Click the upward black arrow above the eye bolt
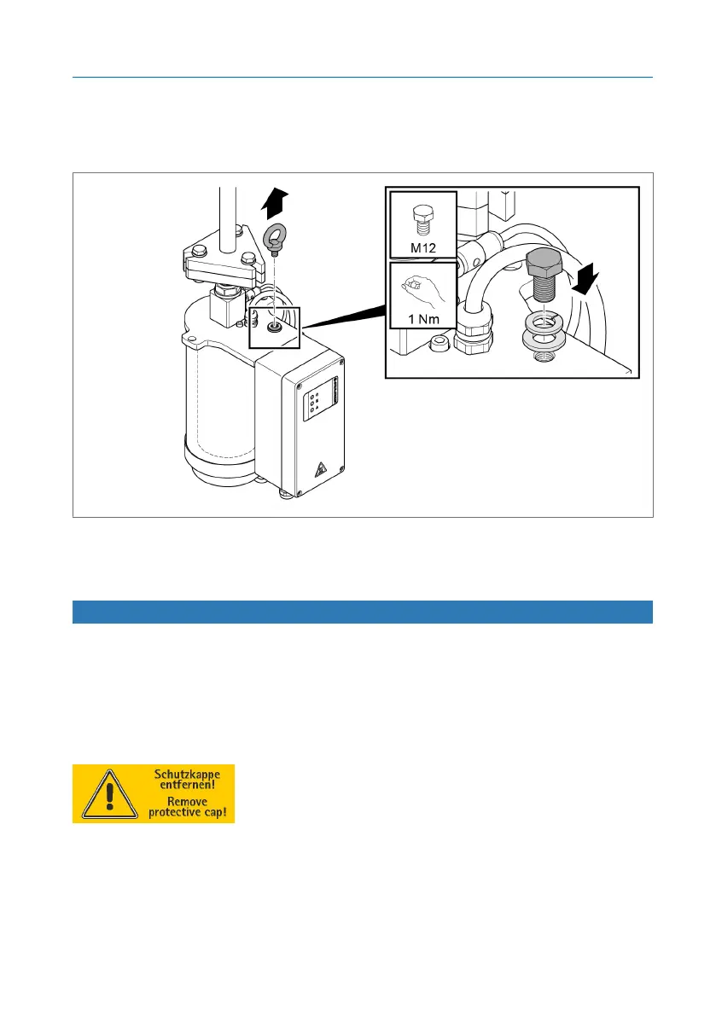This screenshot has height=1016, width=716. [x=273, y=204]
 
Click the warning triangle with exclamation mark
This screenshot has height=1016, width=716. [x=103, y=794]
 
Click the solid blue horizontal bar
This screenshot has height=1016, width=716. [x=362, y=612]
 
